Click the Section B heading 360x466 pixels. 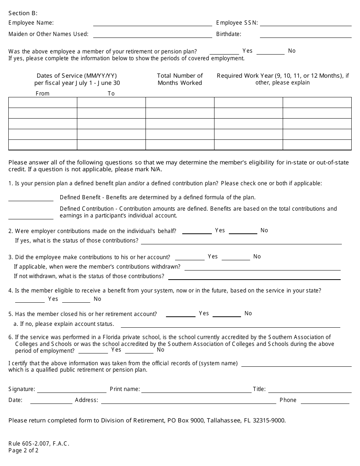coord(23,13)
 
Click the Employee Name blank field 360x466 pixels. coord(152,23)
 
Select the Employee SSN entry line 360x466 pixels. coord(305,23)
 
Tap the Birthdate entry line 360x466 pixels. coord(305,34)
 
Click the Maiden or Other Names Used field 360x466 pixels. coord(152,34)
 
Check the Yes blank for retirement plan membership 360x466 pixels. coord(224,52)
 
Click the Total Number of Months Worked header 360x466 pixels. coord(180,79)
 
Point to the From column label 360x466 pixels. coord(42,94)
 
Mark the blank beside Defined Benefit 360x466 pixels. coord(31,198)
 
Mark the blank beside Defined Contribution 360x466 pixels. coord(31,216)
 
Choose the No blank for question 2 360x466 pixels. coord(243,231)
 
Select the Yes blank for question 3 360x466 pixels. coord(189,257)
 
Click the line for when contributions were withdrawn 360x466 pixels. coord(262,267)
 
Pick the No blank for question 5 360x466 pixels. coord(227,314)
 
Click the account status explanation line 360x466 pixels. coord(230,325)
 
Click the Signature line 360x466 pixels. coord(72,390)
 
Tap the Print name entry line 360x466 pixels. coord(196,390)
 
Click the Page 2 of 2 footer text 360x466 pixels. coord(23,450)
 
